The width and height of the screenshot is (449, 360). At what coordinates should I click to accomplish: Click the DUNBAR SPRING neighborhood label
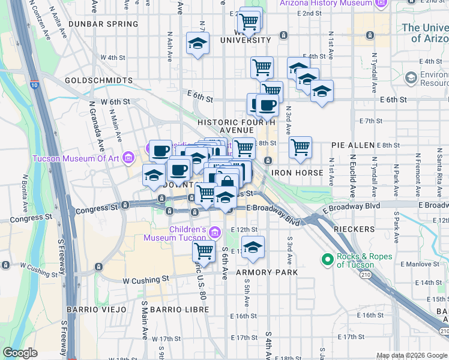click(x=103, y=24)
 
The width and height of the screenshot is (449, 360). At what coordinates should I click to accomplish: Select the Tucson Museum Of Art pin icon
click(x=127, y=158)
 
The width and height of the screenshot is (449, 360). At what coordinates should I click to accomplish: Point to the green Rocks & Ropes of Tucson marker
click(x=328, y=260)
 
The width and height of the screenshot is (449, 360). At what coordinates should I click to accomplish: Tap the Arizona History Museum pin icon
click(x=380, y=4)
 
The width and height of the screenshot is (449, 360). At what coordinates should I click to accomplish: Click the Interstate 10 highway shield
click(x=34, y=85)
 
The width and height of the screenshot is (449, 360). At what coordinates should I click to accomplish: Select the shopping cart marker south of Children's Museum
click(x=204, y=251)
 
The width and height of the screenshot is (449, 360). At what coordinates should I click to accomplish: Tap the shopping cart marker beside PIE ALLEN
click(x=300, y=146)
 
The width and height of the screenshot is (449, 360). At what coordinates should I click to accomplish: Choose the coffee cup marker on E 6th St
click(x=267, y=106)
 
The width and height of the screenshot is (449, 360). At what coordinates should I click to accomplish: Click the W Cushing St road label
click(x=146, y=280)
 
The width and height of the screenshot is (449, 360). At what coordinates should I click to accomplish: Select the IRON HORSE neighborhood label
click(x=297, y=173)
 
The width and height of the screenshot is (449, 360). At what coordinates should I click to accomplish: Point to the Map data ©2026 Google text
click(x=411, y=355)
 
